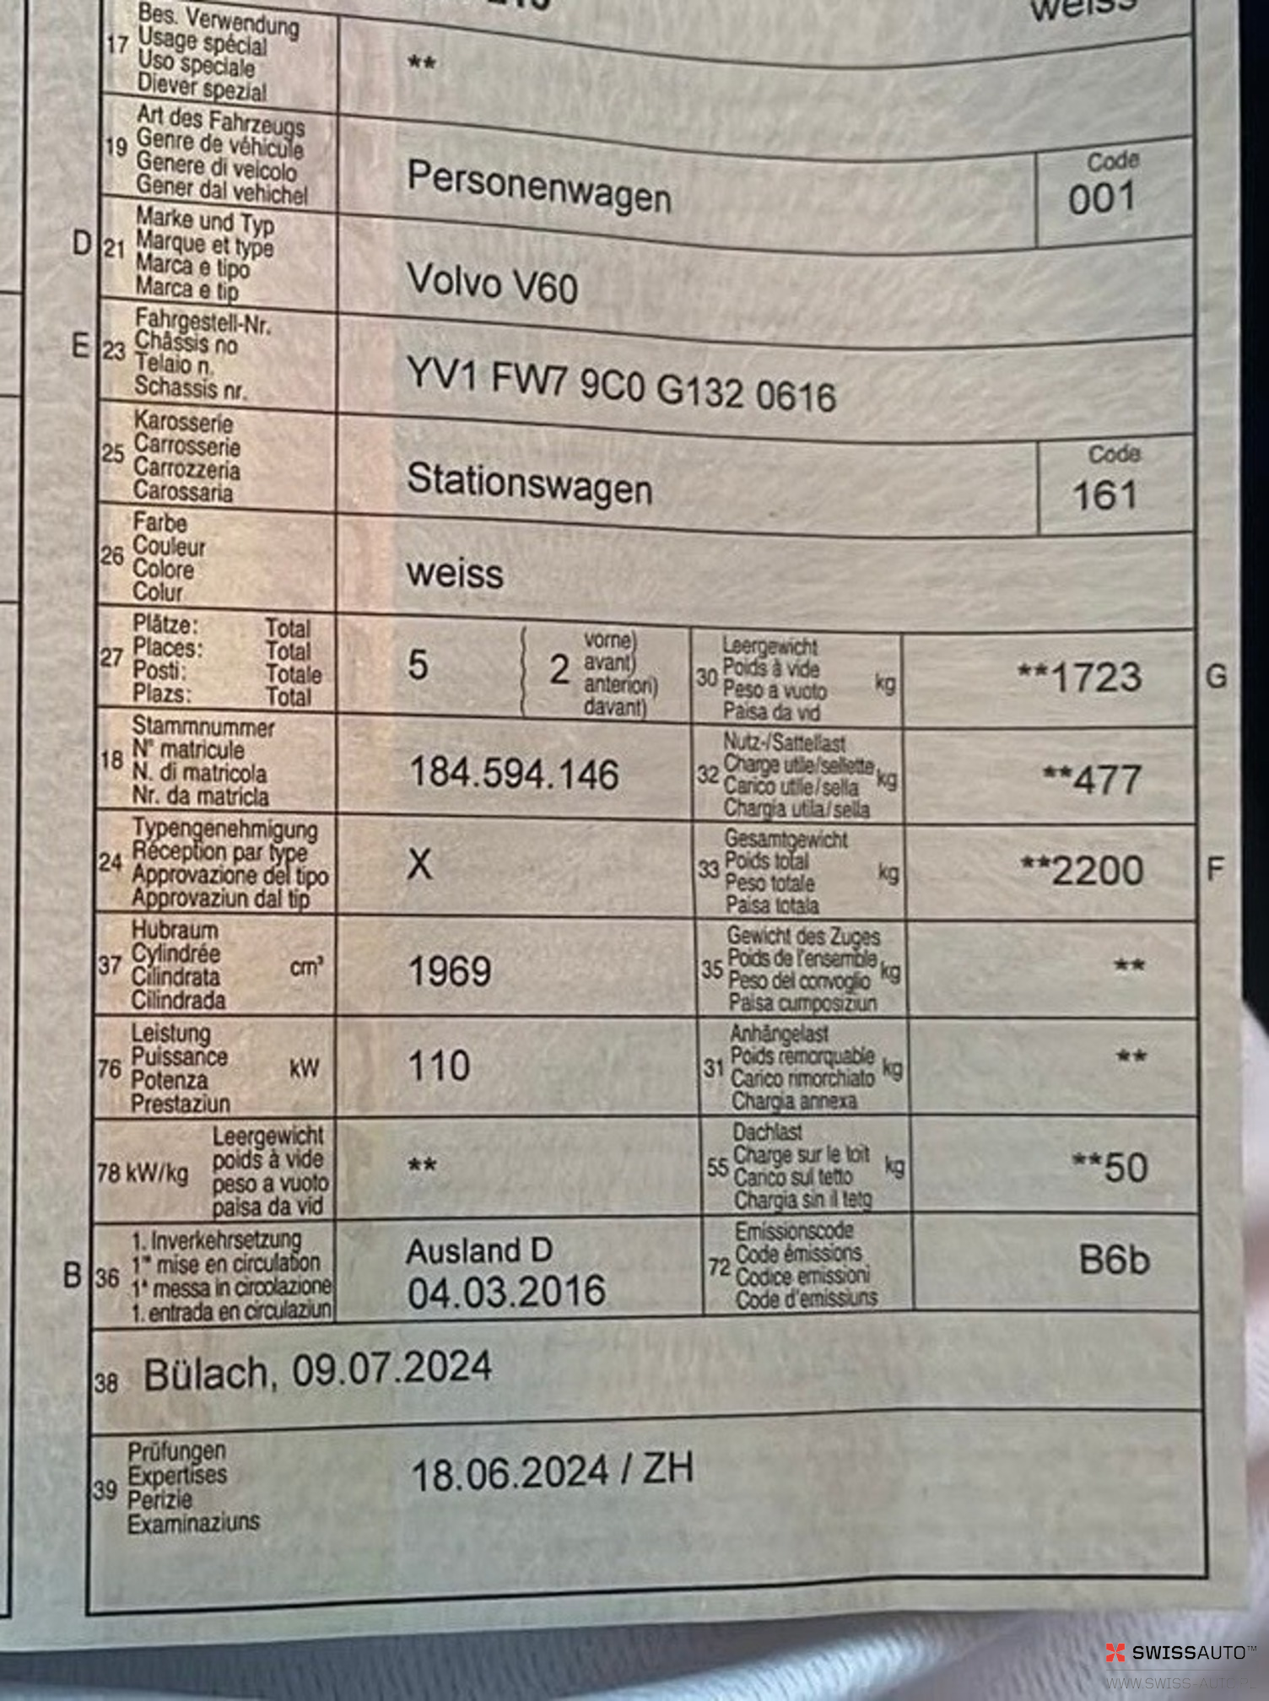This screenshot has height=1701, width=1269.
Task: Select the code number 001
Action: (x=1101, y=200)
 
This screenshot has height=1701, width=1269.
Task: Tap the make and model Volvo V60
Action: (x=492, y=283)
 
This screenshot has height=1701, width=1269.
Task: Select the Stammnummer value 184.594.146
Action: (x=514, y=774)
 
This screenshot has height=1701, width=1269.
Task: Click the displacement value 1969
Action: (x=450, y=972)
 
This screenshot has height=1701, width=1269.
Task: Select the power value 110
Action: (x=439, y=1066)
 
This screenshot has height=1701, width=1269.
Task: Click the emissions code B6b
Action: (x=1114, y=1261)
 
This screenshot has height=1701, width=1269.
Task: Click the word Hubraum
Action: (x=175, y=930)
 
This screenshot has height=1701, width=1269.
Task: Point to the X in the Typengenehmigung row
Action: (x=419, y=865)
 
